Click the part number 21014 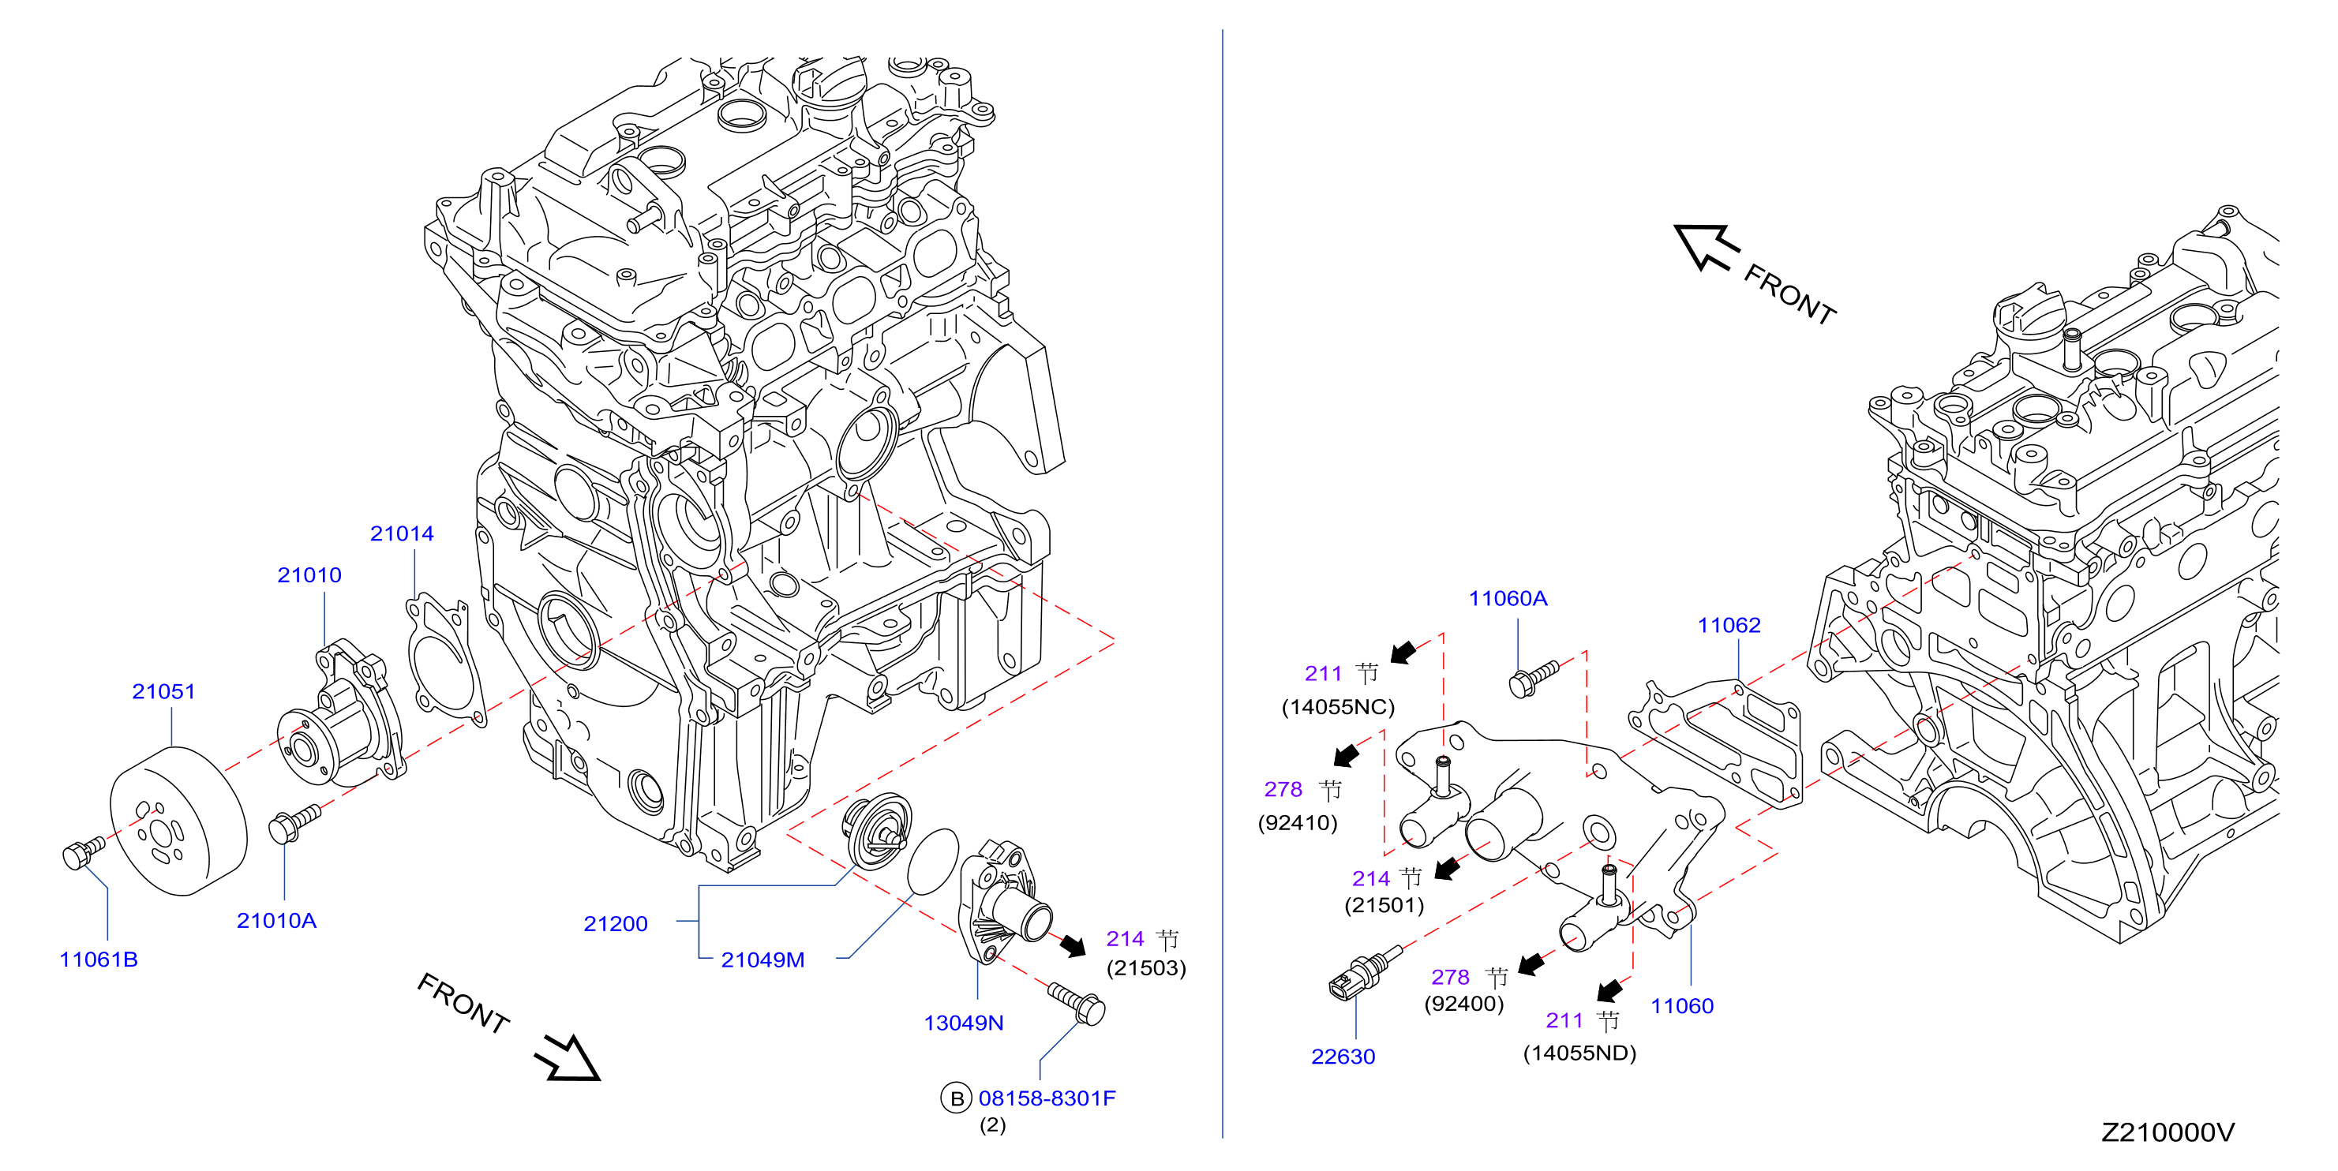tap(401, 533)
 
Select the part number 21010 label tap(309, 575)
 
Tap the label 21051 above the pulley tap(163, 691)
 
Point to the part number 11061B tap(98, 959)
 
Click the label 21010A tap(276, 921)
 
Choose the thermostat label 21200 tap(616, 923)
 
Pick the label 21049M tap(762, 960)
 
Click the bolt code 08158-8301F tap(1047, 1098)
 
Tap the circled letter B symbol tap(956, 1098)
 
